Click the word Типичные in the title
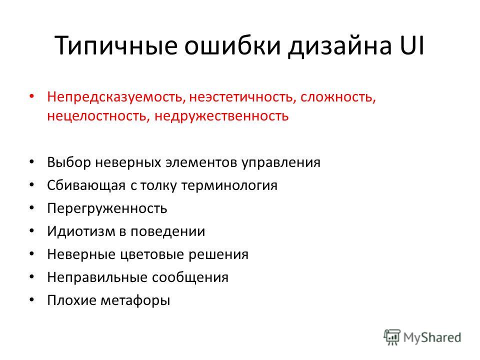click(116, 46)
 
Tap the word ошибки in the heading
click(232, 46)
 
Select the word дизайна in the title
click(340, 46)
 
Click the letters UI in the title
click(411, 45)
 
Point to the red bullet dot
click(31, 96)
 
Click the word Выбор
click(69, 162)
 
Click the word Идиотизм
click(81, 231)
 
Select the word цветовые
click(152, 254)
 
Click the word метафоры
click(135, 300)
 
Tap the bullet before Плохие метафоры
click(31, 300)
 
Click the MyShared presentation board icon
click(392, 337)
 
